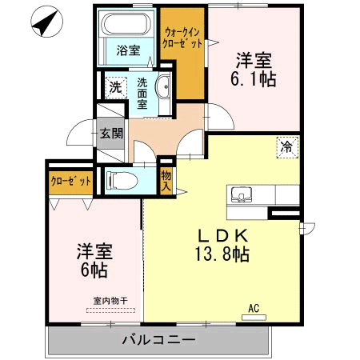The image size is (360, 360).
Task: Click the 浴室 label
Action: [x=127, y=50]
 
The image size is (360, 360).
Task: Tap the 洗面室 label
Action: [x=142, y=93]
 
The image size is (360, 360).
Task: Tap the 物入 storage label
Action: [x=166, y=180]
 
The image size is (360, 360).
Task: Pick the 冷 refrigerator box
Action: [x=286, y=146]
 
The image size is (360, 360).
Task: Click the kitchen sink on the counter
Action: [x=241, y=195]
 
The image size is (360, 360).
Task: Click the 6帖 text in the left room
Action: [x=93, y=270]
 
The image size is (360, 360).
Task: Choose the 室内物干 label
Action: [x=110, y=300]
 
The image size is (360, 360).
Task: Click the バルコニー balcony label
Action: [x=158, y=340]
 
